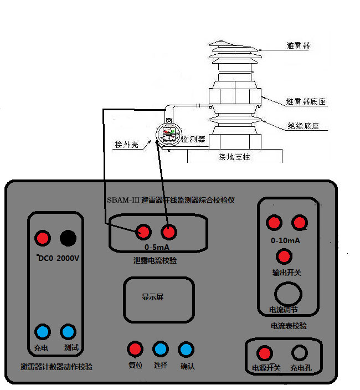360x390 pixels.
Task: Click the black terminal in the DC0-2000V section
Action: click(x=68, y=238)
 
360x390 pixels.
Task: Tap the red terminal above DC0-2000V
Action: click(x=42, y=238)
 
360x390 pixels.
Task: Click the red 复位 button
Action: click(x=135, y=349)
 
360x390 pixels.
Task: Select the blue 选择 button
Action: click(x=161, y=349)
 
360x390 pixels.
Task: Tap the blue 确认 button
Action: click(x=187, y=349)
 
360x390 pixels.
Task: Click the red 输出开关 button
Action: click(x=284, y=256)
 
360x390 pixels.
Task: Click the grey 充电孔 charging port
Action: click(x=300, y=353)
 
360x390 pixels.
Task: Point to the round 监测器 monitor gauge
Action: click(x=168, y=135)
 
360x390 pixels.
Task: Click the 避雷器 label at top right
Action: click(x=298, y=46)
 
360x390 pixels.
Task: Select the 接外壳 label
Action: click(x=126, y=145)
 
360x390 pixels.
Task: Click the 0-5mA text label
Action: click(x=156, y=247)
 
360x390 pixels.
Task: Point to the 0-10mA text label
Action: click(x=286, y=242)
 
